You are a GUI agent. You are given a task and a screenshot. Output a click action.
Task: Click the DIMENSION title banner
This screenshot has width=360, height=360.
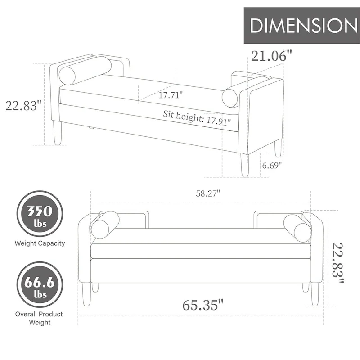click(x=301, y=25)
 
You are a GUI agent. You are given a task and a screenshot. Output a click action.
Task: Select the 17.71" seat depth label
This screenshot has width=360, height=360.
click(x=171, y=95)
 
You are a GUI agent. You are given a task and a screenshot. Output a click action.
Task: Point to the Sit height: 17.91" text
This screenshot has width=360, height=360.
click(x=197, y=118)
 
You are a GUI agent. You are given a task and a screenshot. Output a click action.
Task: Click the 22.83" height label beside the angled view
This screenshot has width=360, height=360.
click(x=23, y=106)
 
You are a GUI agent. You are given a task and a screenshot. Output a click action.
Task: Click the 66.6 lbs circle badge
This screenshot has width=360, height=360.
click(x=40, y=286)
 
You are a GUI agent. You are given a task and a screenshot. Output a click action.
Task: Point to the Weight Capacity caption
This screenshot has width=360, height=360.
click(x=40, y=243)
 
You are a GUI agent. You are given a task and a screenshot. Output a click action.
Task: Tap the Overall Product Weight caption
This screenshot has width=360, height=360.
click(x=40, y=318)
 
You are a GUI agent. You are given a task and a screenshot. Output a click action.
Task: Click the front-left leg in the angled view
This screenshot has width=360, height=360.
click(x=57, y=134)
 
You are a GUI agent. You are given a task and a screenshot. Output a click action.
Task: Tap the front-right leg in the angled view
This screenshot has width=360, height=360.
click(x=245, y=165)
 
